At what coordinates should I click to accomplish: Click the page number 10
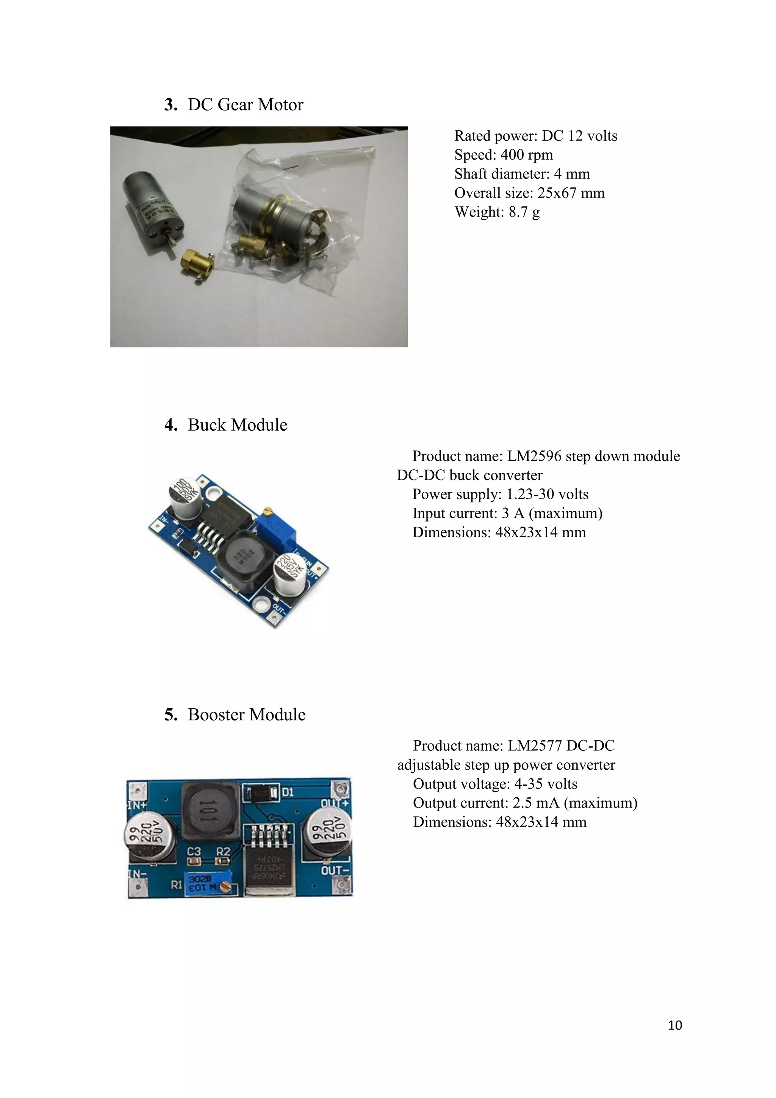pyautogui.click(x=675, y=1025)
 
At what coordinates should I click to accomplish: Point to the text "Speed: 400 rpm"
pyautogui.click(x=503, y=155)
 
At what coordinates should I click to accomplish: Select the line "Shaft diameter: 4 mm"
pyautogui.click(x=522, y=174)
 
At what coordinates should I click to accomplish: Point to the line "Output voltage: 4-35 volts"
pyautogui.click(x=495, y=784)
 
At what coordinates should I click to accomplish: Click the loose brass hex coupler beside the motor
pyautogui.click(x=196, y=262)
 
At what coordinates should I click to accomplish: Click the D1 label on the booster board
pyautogui.click(x=288, y=792)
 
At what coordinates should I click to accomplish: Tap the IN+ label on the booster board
pyautogui.click(x=137, y=805)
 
